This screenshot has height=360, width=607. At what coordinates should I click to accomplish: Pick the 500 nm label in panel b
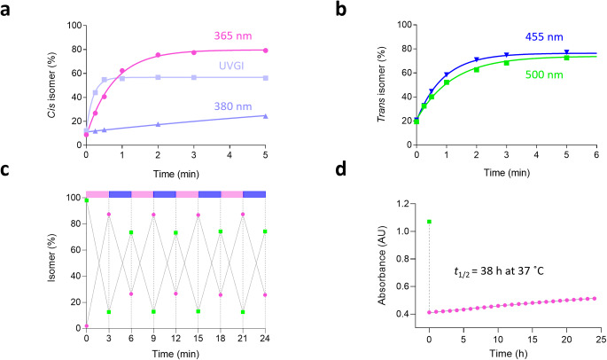(x=534, y=87)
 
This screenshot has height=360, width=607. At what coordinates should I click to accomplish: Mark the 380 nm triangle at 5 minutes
(x=266, y=116)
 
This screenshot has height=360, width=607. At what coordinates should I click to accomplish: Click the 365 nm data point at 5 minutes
(x=266, y=51)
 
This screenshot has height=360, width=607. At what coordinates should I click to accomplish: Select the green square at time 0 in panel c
(x=86, y=200)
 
